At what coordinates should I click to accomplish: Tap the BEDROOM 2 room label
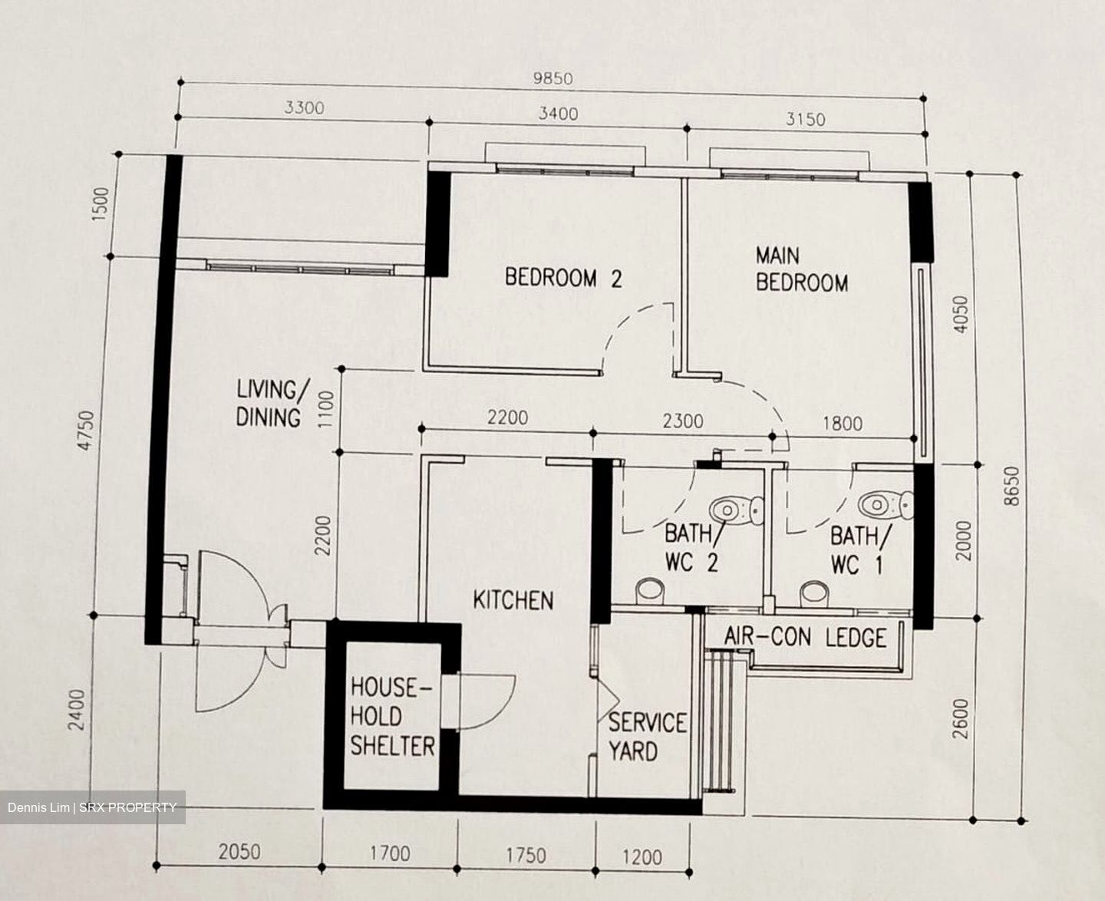(563, 278)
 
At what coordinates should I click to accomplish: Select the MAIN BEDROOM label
(801, 269)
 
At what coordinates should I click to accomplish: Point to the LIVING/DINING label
(269, 404)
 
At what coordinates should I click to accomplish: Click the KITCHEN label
(513, 600)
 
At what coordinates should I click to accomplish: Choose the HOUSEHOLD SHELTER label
(392, 717)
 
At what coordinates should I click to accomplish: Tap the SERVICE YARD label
(646, 737)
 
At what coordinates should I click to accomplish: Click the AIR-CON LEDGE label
(805, 637)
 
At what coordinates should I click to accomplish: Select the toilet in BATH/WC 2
(735, 510)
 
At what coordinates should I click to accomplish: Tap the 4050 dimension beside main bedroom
(960, 314)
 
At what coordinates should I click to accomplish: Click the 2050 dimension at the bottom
(239, 851)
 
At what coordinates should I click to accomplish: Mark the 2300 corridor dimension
(682, 421)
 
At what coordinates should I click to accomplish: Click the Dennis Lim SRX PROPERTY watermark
(92, 807)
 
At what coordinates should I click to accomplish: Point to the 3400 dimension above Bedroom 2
(558, 114)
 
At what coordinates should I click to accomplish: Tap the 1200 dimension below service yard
(642, 856)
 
